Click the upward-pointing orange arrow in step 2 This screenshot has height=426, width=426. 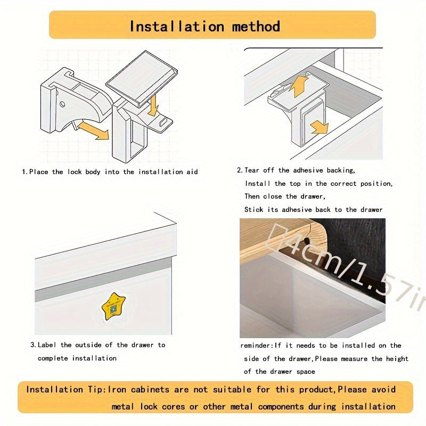(x=301, y=85)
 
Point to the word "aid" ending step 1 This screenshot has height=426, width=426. (x=191, y=172)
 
